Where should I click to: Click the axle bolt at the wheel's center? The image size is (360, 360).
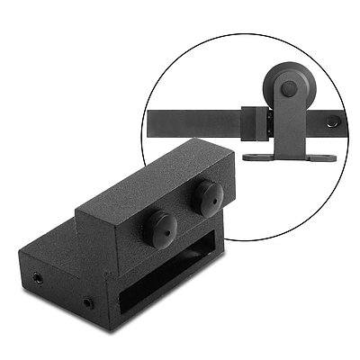[x=287, y=89]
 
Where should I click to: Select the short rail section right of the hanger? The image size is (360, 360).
[x=326, y=121]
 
